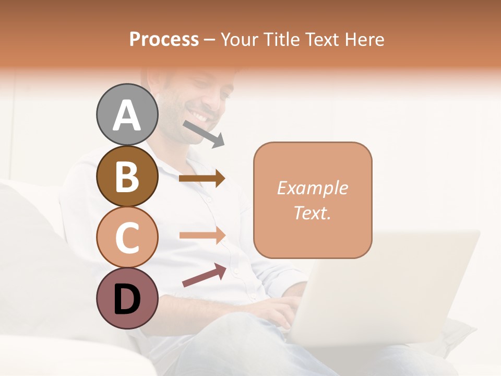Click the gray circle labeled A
tap(127, 114)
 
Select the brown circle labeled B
tap(127, 176)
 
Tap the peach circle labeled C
tap(127, 237)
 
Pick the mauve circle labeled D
tap(127, 298)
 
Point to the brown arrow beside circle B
tap(202, 179)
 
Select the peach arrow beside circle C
tap(202, 235)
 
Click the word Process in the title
tap(164, 39)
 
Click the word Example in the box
tap(312, 188)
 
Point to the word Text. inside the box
tap(312, 213)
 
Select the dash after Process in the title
tap(210, 40)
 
